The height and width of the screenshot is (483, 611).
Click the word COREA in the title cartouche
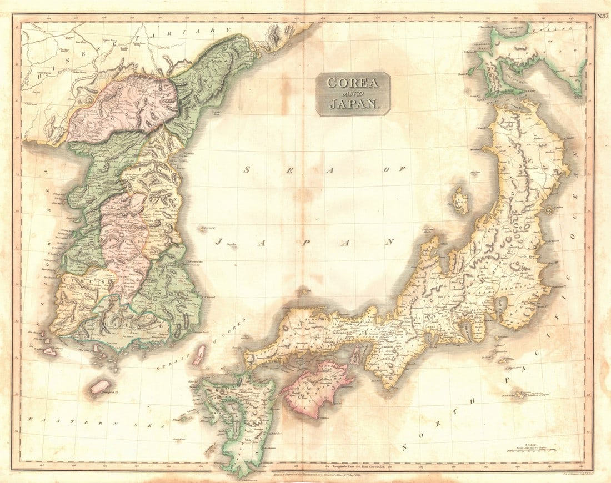point(353,83)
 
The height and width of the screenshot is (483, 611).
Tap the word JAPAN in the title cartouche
point(353,103)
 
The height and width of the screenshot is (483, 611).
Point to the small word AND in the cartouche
point(353,93)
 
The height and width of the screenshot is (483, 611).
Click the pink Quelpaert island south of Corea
point(101,386)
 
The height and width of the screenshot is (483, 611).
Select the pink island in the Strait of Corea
point(198,355)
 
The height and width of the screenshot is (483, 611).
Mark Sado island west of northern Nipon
point(460,201)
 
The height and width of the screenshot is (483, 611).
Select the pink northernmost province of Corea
point(122,105)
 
